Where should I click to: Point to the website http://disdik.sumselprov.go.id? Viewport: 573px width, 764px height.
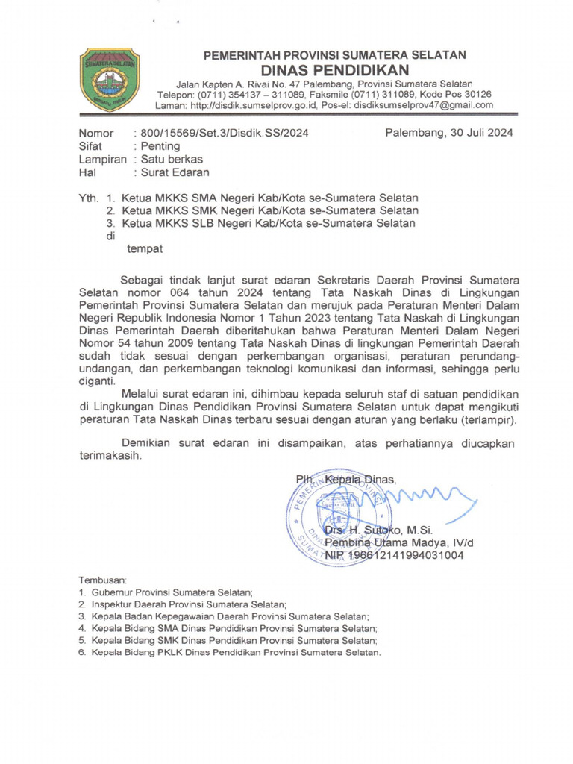[x=254, y=106]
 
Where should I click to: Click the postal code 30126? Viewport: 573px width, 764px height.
[x=475, y=95]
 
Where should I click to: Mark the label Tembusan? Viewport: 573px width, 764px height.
[x=104, y=580]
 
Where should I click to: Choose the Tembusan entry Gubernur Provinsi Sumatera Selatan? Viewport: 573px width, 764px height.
[x=172, y=592]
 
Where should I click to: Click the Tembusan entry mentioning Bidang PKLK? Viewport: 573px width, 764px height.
[x=236, y=653]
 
